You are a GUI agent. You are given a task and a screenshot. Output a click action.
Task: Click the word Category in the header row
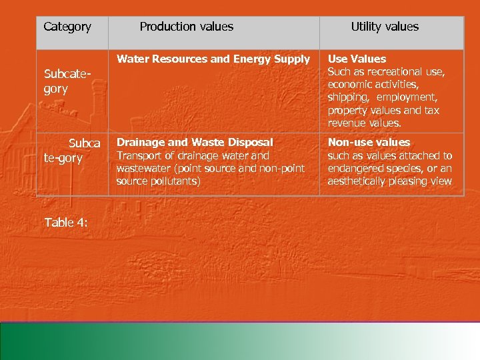[67, 27]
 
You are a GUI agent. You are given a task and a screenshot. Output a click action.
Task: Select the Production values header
[187, 27]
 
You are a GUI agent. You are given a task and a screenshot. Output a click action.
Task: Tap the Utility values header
[385, 27]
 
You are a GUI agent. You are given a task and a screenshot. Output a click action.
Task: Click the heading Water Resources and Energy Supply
[213, 59]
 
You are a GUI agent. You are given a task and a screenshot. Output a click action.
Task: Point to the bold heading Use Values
[357, 59]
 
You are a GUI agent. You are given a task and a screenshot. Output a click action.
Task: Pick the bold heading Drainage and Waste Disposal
[195, 142]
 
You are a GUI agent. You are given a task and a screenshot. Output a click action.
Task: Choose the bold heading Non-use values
[369, 142]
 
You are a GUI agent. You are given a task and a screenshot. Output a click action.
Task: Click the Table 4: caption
[66, 223]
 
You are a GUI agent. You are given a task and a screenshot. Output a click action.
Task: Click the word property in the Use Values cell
[348, 111]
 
